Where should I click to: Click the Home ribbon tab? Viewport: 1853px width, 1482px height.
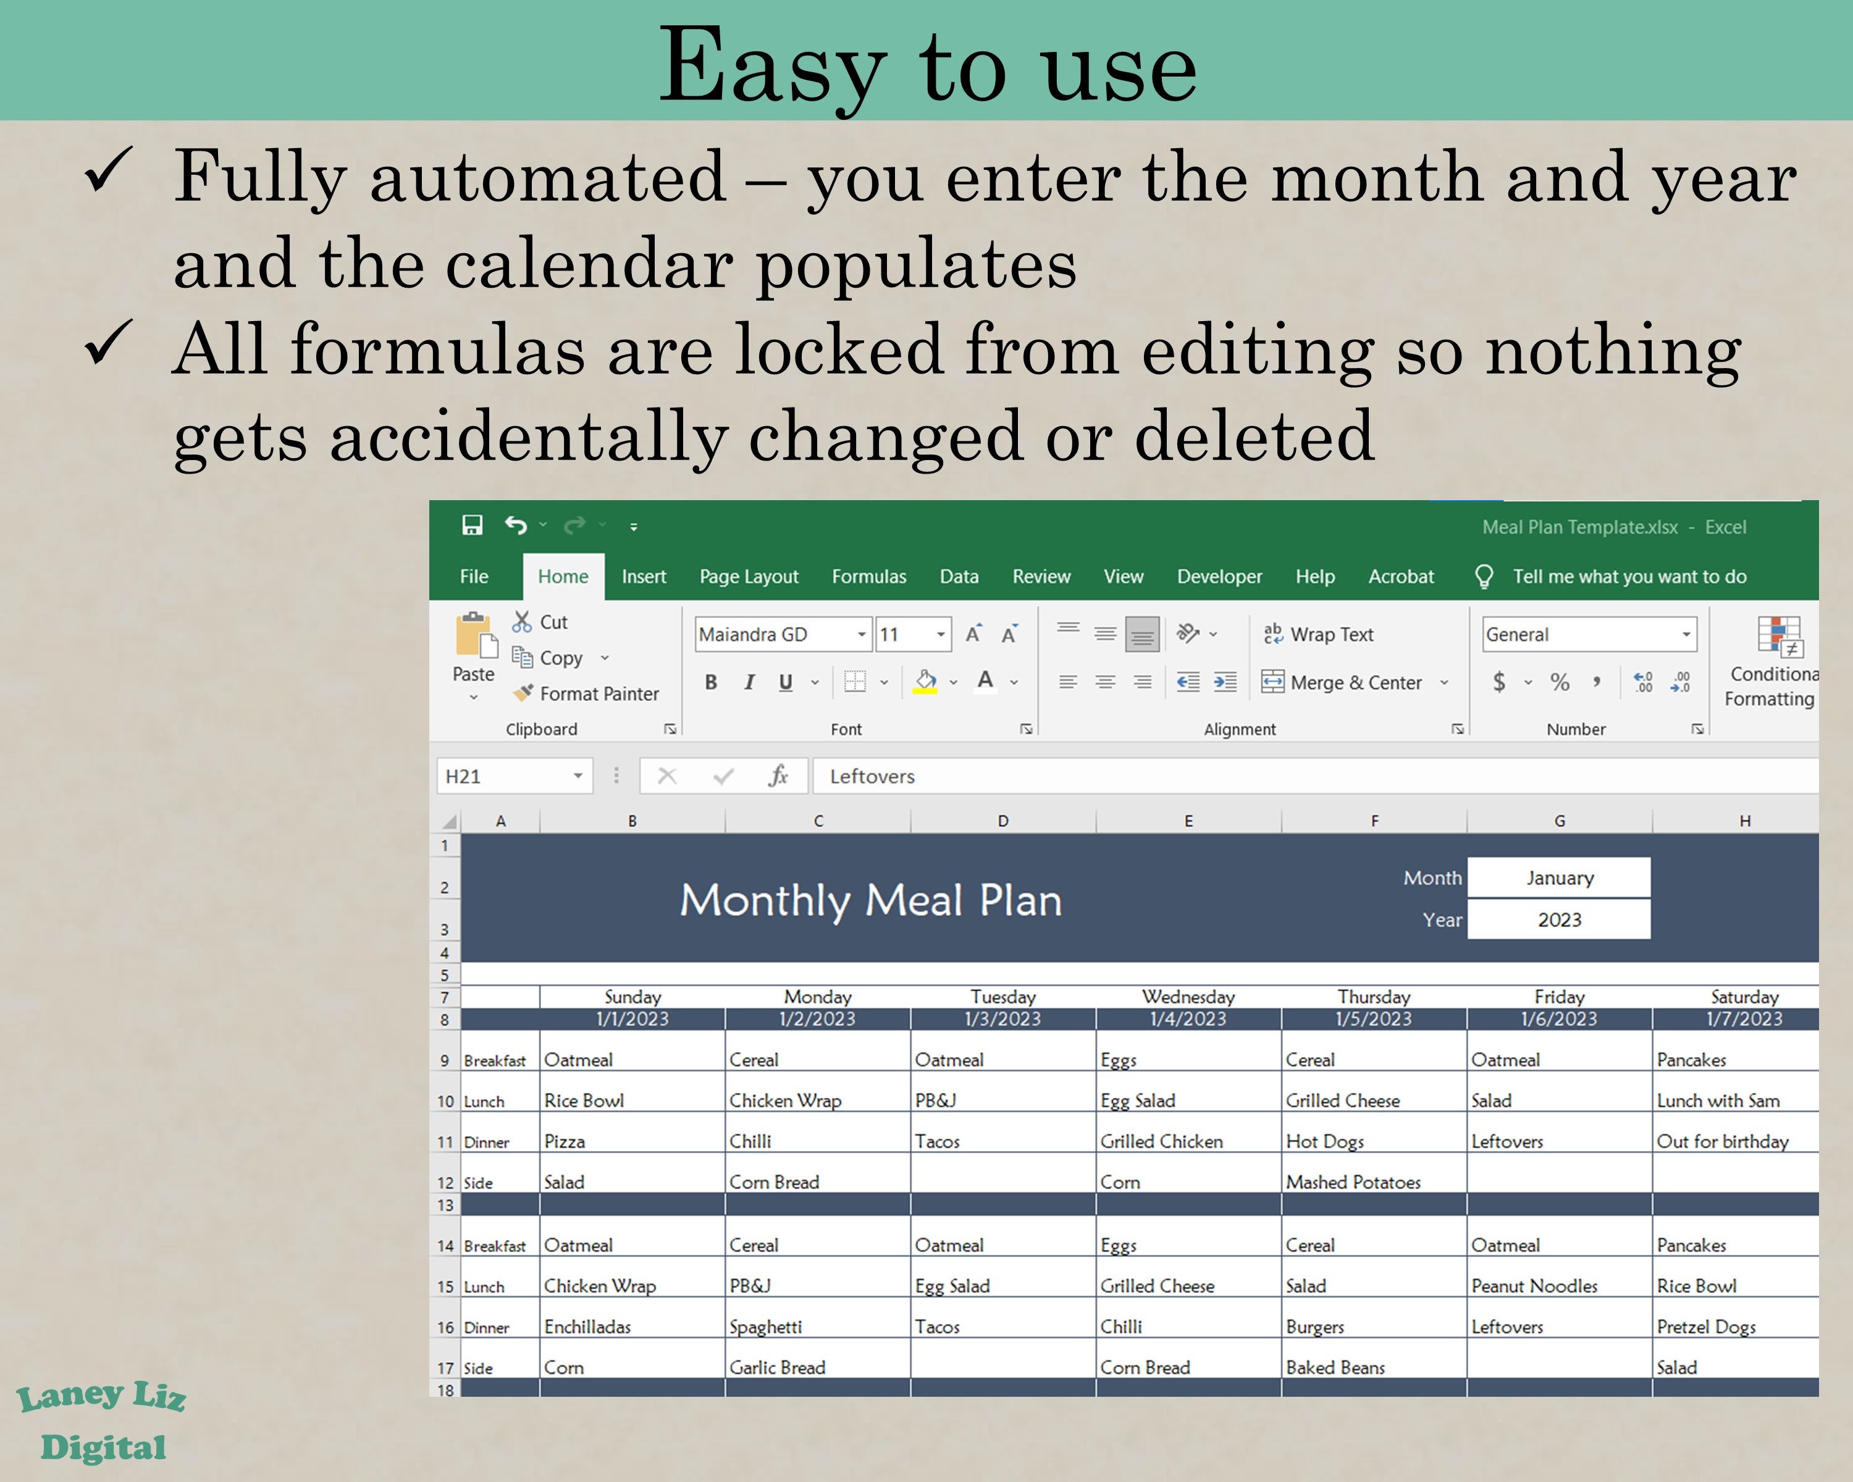(563, 577)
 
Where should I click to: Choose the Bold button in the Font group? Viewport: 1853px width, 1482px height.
(711, 682)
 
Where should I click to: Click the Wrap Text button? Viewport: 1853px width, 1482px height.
(1319, 635)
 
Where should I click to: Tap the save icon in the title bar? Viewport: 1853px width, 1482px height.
(472, 525)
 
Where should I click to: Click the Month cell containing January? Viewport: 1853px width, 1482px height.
(1558, 878)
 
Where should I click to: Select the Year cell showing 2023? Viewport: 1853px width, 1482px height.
(1558, 920)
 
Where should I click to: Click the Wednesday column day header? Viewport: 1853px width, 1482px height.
(1188, 997)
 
